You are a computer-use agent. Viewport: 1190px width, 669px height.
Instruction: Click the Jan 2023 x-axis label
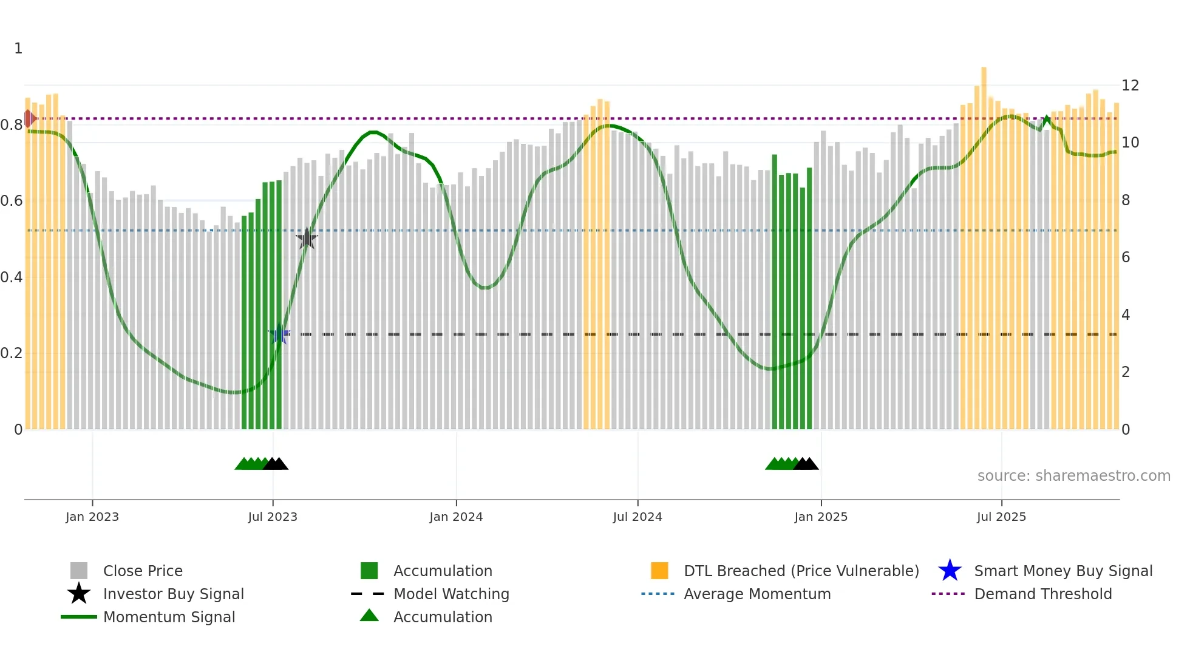[92, 517]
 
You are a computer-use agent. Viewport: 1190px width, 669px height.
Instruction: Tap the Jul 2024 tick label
[637, 517]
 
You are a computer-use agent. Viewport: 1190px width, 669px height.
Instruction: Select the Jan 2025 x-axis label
[821, 517]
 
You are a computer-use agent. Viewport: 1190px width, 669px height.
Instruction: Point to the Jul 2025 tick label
[1001, 517]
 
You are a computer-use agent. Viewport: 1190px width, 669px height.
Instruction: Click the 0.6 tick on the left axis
[12, 201]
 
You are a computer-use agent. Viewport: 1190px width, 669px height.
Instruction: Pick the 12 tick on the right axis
[1130, 86]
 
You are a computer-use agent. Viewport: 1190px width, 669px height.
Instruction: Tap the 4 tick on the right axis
[1126, 315]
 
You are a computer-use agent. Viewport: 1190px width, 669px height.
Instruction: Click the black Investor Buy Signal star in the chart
[307, 239]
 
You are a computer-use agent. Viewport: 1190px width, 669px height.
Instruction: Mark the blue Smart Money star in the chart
[279, 334]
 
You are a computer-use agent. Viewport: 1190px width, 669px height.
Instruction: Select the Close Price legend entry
[143, 571]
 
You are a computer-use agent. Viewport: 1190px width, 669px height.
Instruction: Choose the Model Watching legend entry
[451, 594]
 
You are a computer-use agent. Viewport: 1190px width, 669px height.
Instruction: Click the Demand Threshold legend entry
[1042, 594]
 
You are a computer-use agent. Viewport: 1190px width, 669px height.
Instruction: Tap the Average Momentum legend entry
[757, 594]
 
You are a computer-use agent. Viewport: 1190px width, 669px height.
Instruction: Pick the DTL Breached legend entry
[801, 571]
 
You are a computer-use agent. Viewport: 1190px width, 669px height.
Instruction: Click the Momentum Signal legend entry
[169, 617]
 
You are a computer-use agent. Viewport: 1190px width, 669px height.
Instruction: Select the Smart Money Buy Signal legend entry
[1062, 571]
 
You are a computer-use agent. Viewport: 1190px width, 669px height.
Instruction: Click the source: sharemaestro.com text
[1073, 476]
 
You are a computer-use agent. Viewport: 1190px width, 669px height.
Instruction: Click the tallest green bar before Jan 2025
[775, 291]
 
